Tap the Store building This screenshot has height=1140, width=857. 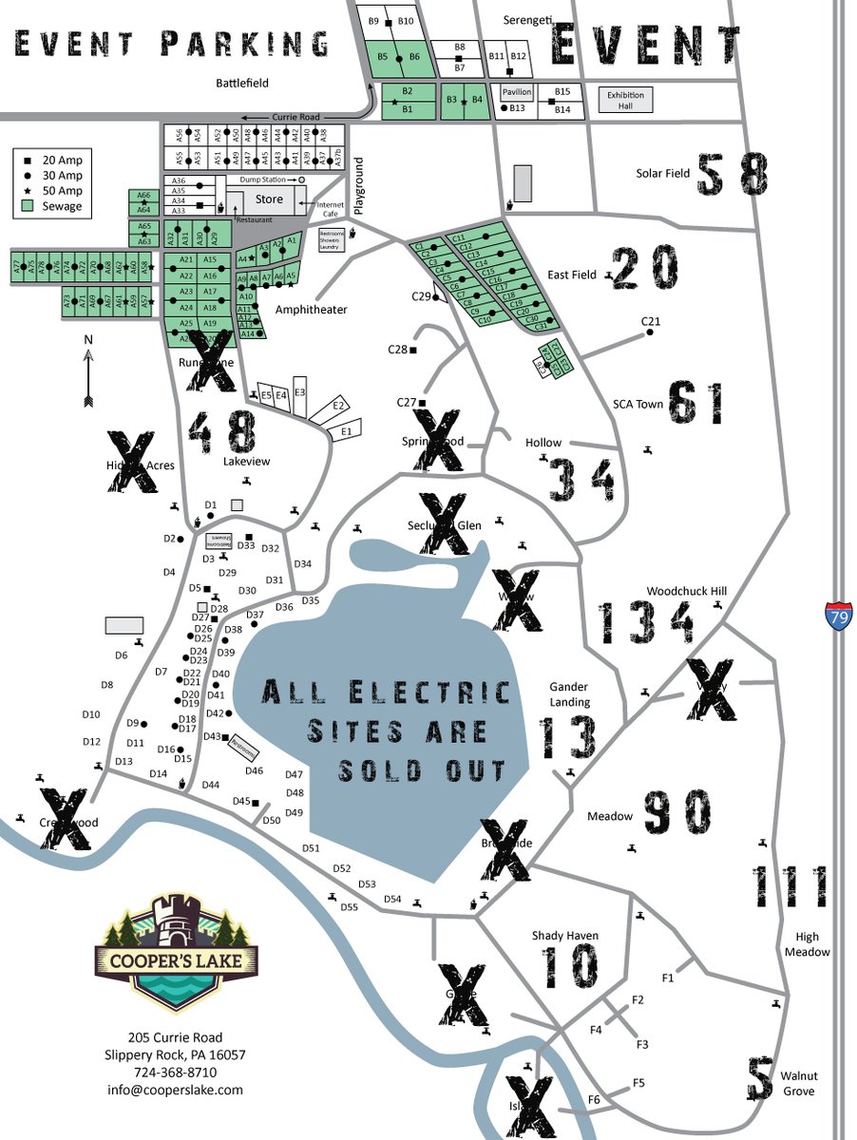269,199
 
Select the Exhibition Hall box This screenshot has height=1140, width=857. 626,100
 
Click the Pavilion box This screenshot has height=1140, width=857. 517,92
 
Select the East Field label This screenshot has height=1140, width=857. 572,275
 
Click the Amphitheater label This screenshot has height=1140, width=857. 311,310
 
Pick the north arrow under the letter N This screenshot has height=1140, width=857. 87,377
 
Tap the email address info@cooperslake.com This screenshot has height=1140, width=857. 175,1090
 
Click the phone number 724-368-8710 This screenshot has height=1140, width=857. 175,1072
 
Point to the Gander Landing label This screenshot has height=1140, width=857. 569,694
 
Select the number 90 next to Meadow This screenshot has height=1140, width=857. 676,814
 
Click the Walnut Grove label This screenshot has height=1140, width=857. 798,1084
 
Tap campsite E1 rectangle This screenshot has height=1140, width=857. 345,430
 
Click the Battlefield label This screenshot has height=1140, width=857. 241,84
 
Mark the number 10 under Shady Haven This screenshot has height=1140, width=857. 571,968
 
